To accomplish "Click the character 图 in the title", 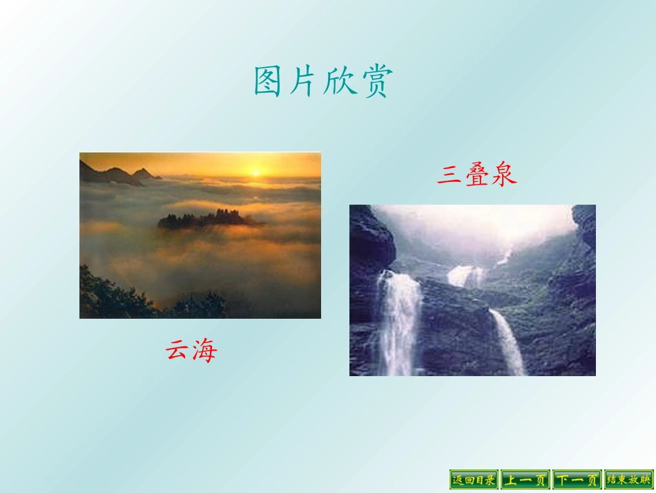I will (x=269, y=82).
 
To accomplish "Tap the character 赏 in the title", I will (x=376, y=82).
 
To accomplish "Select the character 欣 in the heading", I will (x=340, y=82).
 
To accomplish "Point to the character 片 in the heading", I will (x=305, y=82).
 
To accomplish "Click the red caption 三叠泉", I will (x=476, y=174).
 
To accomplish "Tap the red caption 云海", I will (x=191, y=351).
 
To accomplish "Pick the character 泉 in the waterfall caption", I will (x=504, y=174).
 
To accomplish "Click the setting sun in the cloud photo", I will (x=255, y=172).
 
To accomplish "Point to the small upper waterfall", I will (x=466, y=276).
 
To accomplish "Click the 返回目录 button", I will (x=474, y=479).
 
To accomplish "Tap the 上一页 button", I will (x=525, y=479).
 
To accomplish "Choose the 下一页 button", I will (x=576, y=479).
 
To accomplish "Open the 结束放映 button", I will (x=628, y=479).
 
